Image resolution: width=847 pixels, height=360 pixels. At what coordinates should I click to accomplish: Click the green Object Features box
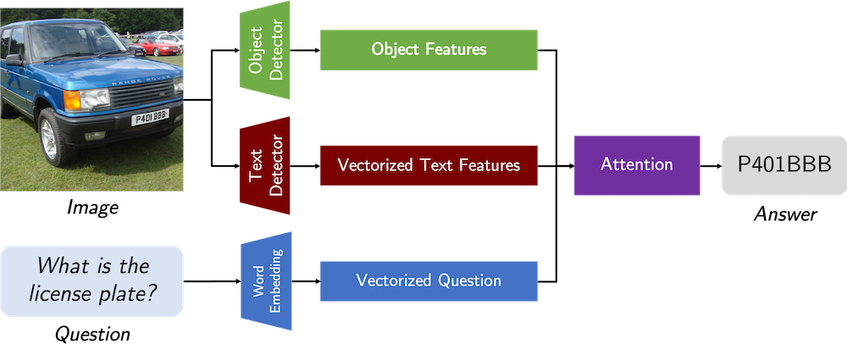point(429,50)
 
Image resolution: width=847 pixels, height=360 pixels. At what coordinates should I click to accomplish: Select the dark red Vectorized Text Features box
point(429,165)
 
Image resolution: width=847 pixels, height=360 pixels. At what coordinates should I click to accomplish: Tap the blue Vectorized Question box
point(429,281)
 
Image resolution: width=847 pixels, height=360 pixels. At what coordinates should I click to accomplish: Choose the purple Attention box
point(637,165)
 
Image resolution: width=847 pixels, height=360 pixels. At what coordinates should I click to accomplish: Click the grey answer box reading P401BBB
point(784,165)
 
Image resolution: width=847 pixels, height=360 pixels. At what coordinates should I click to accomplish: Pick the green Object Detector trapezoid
point(264,50)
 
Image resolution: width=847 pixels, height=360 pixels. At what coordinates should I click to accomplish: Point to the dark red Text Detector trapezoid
point(264,165)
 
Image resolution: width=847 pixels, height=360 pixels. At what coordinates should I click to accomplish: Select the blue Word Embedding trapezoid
point(266,281)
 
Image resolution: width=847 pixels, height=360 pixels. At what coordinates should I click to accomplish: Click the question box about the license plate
point(91,281)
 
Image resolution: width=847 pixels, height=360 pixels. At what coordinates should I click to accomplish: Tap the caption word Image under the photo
point(91,207)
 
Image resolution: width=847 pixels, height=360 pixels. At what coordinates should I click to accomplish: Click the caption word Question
point(92,333)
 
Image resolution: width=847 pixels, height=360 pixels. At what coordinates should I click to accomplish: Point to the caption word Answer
point(785,214)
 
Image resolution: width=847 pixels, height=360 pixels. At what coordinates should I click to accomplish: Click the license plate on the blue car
point(150,117)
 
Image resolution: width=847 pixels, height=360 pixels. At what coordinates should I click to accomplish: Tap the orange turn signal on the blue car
point(72,100)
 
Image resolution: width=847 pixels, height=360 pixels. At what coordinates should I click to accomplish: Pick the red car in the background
point(157,47)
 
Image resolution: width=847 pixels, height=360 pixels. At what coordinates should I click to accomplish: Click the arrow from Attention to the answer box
point(711,165)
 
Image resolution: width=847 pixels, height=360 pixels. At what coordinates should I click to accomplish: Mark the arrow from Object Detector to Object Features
point(305,50)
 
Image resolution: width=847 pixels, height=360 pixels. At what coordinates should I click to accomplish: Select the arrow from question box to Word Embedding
point(212,281)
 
